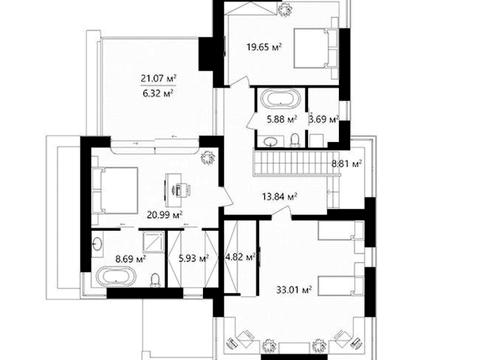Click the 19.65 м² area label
pos(264,47)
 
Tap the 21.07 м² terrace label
pos(158,79)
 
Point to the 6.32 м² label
pos(158,93)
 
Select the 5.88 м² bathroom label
pos(282,119)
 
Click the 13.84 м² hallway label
pos(280,197)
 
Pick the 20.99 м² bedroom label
pos(165,215)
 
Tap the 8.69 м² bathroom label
pos(130,259)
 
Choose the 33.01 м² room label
pos(294,289)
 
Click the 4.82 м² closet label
pos(241,257)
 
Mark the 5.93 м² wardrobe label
pos(194,258)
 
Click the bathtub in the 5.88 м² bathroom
pos(280,99)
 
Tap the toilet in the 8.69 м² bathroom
pos(155,280)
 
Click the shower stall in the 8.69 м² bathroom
pos(153,242)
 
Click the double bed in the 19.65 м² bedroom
pos(311,49)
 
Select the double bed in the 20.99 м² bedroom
pos(116,190)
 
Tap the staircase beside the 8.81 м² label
pos(291,163)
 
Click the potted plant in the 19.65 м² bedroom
pos(285,9)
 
